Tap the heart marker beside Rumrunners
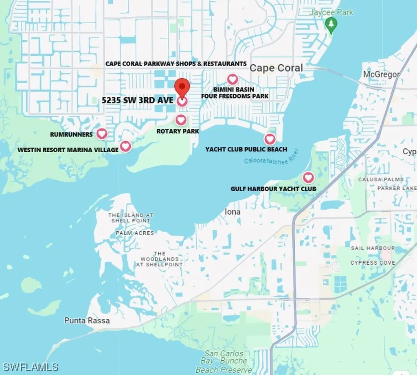101,134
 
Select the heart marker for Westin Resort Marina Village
125,146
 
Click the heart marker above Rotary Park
181,120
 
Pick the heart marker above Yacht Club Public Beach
270,139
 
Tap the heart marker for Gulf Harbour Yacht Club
308,178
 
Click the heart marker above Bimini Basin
232,79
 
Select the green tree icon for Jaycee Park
331,26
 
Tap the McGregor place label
381,75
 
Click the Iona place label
233,212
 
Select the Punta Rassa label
87,320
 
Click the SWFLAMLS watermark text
30,367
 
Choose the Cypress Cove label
373,263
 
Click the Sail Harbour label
373,248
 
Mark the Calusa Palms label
381,179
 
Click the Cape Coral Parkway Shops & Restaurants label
176,64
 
